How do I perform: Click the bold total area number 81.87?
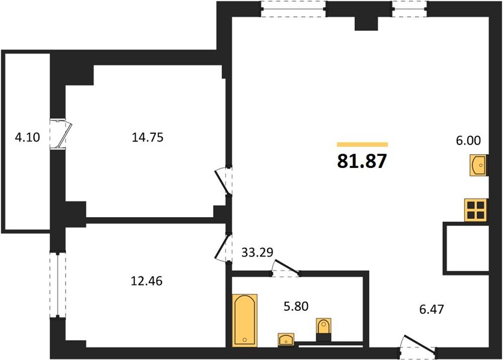(362, 161)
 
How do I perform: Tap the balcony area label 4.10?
(28, 137)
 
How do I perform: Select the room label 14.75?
(148, 137)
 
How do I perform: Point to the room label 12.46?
(146, 281)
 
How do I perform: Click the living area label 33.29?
(257, 253)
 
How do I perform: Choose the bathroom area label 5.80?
(296, 306)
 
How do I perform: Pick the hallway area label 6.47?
(432, 309)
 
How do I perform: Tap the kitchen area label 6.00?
(468, 140)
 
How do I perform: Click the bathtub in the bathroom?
(244, 320)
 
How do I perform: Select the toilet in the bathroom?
(324, 329)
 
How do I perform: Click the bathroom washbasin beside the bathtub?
(286, 340)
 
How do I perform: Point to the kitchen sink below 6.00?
(478, 165)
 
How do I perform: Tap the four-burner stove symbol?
(476, 210)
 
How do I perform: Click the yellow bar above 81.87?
(362, 144)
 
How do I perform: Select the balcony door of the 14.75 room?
(60, 134)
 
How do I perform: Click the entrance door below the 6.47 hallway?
(418, 347)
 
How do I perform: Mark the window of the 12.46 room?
(58, 284)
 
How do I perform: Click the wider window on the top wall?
(293, 8)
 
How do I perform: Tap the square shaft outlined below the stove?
(466, 248)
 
